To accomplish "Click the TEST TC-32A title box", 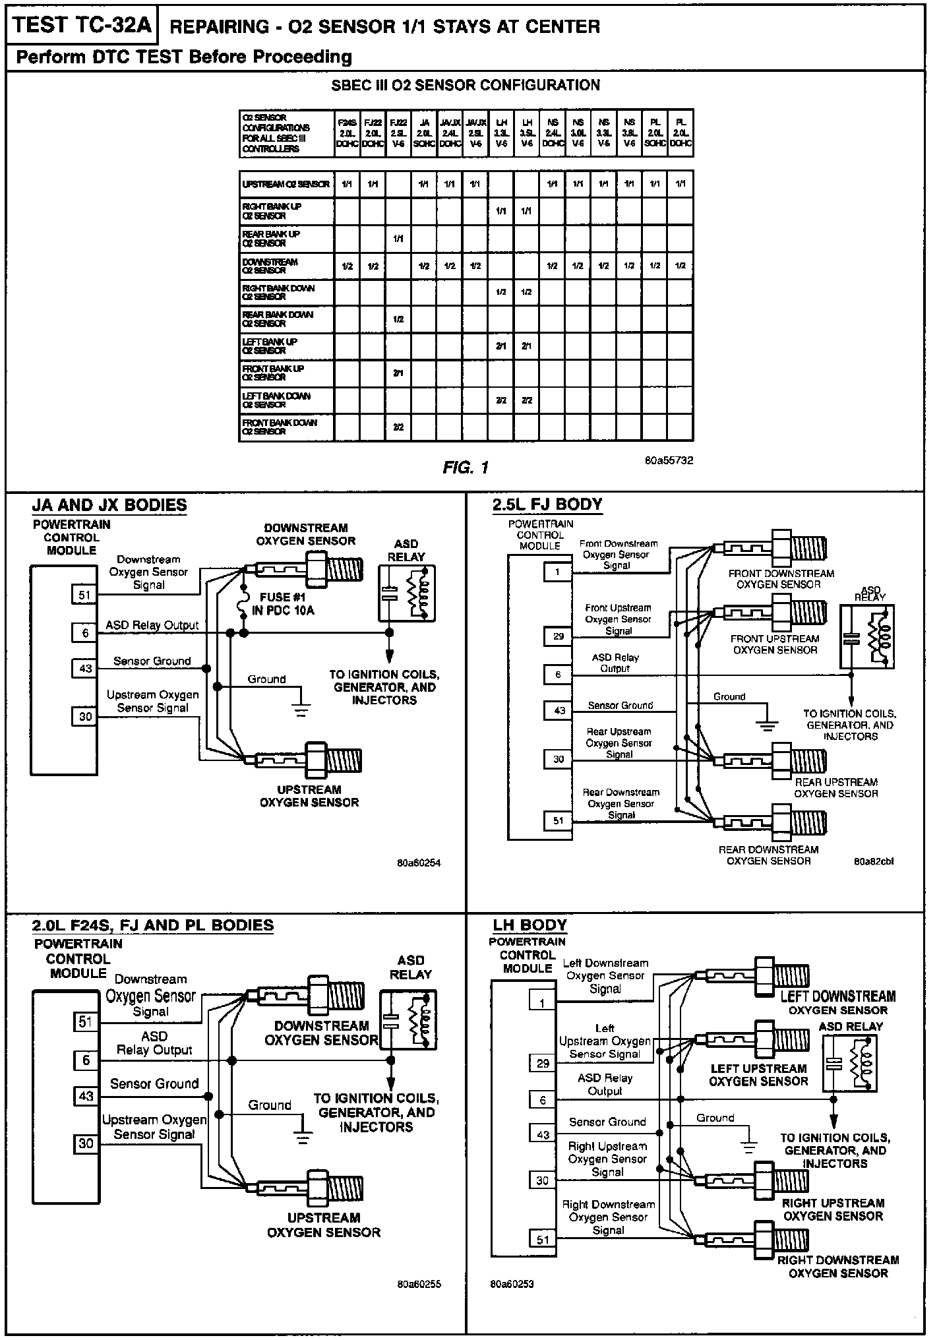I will pyautogui.click(x=82, y=26).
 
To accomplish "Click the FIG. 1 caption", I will pyautogui.click(x=466, y=468).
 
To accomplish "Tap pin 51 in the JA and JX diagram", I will pyautogui.click(x=85, y=595).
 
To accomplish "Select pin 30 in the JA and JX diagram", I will pyautogui.click(x=85, y=716).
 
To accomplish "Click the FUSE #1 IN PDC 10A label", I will pyautogui.click(x=283, y=604).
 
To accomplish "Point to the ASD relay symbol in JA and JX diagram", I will pyautogui.click(x=407, y=594).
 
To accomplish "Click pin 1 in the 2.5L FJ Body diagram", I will pyautogui.click(x=558, y=572).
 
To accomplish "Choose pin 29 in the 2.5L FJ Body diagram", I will pyautogui.click(x=558, y=636).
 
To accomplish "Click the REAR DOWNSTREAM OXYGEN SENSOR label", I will pyautogui.click(x=768, y=855).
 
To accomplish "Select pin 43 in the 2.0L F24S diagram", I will pyautogui.click(x=86, y=1096).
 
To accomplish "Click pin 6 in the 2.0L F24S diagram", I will pyautogui.click(x=86, y=1060).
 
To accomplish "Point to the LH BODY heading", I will pyautogui.click(x=530, y=925).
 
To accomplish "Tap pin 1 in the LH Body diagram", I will pyautogui.click(x=543, y=1003).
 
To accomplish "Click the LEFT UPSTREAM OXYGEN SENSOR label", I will pyautogui.click(x=758, y=1075).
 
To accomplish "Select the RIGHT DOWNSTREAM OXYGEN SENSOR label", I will pyautogui.click(x=837, y=1266).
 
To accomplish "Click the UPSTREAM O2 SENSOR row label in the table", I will pyautogui.click(x=286, y=184).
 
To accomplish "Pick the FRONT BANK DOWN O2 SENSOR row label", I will pyautogui.click(x=280, y=427).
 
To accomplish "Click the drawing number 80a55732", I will pyautogui.click(x=669, y=460).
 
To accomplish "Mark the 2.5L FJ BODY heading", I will pyautogui.click(x=547, y=505).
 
